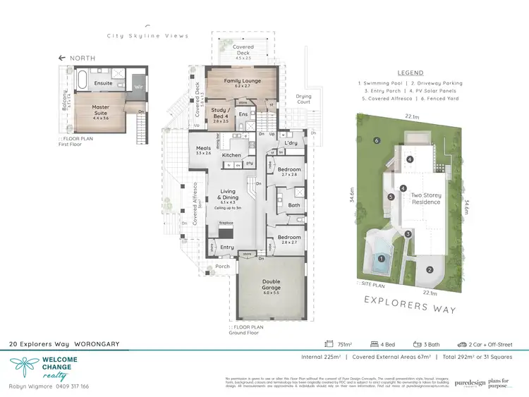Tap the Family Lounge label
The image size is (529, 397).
(x=243, y=81)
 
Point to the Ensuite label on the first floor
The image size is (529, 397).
(x=102, y=83)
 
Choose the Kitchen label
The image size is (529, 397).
(x=231, y=154)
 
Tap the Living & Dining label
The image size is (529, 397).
(x=227, y=195)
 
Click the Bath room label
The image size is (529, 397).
(x=295, y=205)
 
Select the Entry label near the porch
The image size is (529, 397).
(x=227, y=248)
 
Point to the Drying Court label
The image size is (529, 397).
(x=303, y=98)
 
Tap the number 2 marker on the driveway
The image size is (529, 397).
(x=429, y=269)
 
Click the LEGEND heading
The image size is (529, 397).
(x=410, y=73)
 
